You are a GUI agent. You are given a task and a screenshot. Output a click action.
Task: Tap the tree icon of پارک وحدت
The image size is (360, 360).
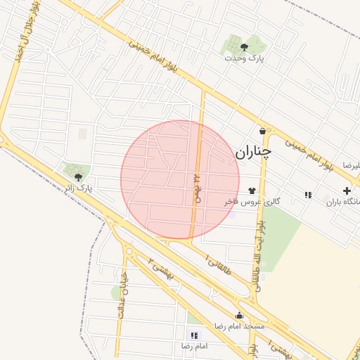tap(244, 47)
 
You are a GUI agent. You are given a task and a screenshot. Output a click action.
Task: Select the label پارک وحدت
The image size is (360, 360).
tap(244, 58)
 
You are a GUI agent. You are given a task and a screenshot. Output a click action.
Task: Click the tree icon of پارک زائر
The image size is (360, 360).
tap(77, 177)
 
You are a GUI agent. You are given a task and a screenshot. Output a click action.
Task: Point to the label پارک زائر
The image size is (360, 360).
tap(77, 188)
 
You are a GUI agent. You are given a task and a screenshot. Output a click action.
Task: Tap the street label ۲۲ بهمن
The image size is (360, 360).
tap(198, 186)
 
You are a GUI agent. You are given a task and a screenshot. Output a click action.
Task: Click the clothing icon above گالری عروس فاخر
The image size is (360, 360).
tap(252, 190)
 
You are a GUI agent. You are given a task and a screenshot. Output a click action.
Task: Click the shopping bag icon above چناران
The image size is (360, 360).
tap(262, 131)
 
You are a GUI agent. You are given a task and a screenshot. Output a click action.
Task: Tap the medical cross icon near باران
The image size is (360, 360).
tap(347, 191)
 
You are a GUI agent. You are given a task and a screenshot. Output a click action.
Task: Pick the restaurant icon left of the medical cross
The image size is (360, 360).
tap(308, 195)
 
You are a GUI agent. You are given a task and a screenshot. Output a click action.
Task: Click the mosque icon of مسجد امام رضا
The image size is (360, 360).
tap(239, 315)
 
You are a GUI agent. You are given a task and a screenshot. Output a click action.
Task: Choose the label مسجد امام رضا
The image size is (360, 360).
tap(240, 326)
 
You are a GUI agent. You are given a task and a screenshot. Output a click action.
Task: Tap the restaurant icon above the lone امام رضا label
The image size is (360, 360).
tap(194, 335)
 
